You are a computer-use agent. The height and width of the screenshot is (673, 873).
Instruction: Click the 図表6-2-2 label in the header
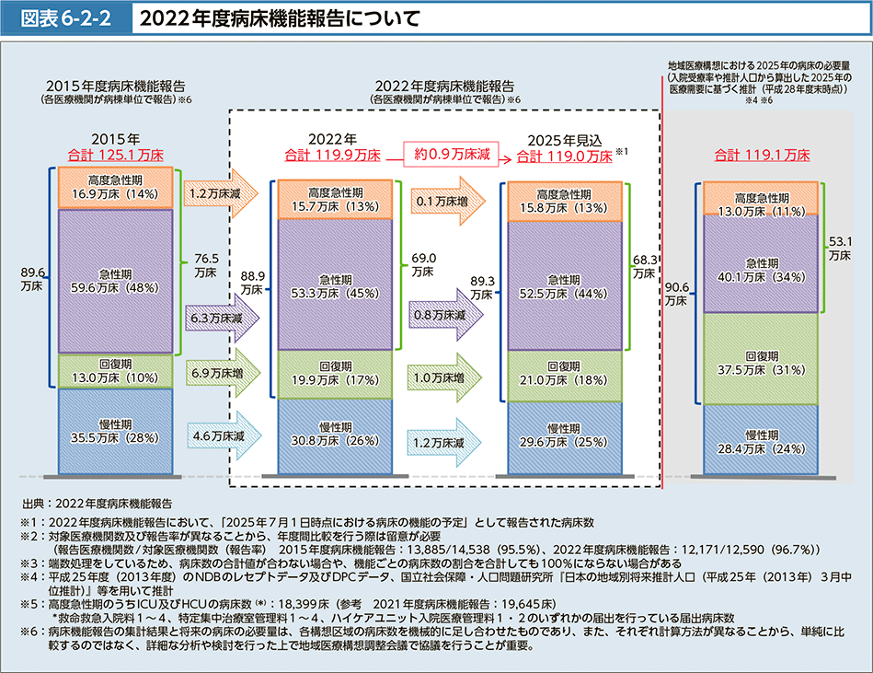[x=65, y=18]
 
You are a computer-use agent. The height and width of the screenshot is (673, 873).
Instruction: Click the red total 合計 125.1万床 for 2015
[x=116, y=155]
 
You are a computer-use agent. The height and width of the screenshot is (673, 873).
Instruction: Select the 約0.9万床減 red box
[x=452, y=154]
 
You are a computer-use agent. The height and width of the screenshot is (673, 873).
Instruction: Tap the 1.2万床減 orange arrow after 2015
[x=221, y=193]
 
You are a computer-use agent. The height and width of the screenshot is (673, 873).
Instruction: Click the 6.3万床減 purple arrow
[x=222, y=319]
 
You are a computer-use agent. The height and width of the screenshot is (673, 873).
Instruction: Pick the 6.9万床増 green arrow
[x=224, y=373]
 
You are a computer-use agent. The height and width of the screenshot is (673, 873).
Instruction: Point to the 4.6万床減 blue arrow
[x=224, y=435]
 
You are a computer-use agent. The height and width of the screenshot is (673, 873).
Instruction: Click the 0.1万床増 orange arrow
[x=448, y=201]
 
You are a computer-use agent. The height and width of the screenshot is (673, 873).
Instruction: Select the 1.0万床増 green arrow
[x=444, y=377]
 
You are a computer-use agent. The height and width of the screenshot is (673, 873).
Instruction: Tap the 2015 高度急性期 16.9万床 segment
[x=115, y=188]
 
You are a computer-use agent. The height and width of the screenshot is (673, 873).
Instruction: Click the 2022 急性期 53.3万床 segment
[x=335, y=284]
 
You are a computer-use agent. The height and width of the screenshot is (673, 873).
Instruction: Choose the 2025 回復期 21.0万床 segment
[x=565, y=376]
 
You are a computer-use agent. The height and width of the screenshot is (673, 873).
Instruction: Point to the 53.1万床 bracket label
[x=840, y=249]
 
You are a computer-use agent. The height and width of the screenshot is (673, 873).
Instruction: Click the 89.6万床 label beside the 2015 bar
[x=32, y=279]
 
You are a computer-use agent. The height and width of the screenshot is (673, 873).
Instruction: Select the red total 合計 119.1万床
[x=763, y=155]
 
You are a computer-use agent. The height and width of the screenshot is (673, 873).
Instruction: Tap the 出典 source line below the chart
[x=97, y=504]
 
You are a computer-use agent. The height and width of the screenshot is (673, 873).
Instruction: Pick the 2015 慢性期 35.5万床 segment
[x=115, y=431]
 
